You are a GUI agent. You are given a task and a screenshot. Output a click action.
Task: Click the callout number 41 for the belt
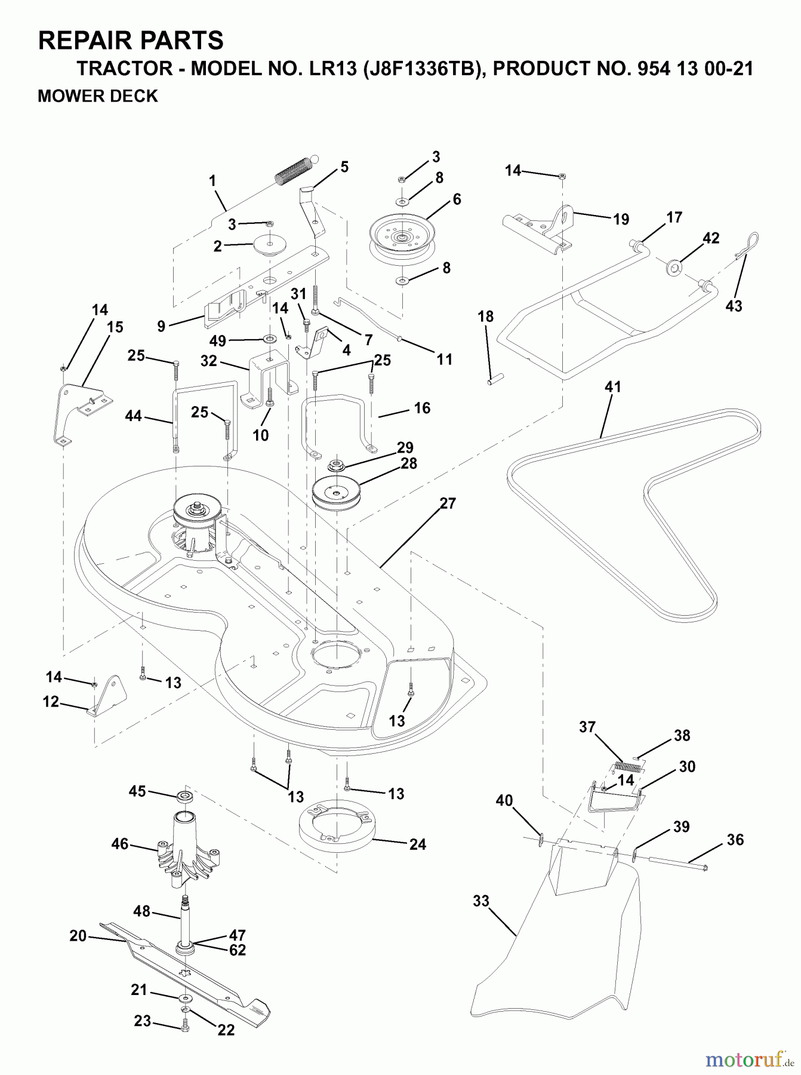pyautogui.click(x=613, y=387)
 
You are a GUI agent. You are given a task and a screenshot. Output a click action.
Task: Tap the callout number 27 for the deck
pyautogui.click(x=448, y=503)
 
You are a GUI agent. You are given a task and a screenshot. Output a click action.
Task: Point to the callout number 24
pyautogui.click(x=418, y=844)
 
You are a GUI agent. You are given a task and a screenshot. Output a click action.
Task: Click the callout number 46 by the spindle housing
pyautogui.click(x=120, y=843)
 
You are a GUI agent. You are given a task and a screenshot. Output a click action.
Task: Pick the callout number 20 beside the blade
pyautogui.click(x=78, y=936)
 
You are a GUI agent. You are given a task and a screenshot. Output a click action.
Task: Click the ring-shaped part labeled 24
pyautogui.click(x=336, y=827)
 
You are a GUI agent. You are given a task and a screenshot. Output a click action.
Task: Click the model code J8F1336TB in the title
pyautogui.click(x=419, y=69)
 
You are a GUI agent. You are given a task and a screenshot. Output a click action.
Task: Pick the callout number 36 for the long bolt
pyautogui.click(x=735, y=840)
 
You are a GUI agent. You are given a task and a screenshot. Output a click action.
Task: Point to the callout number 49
pyautogui.click(x=218, y=341)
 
